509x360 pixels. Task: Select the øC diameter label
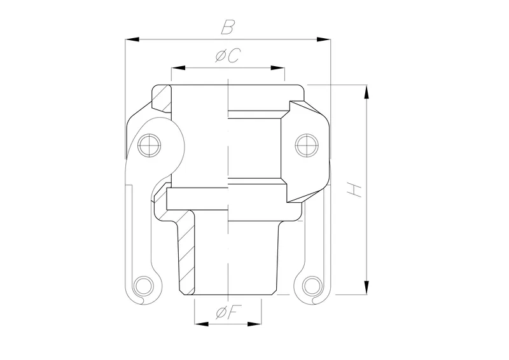227,56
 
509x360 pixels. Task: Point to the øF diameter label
227,312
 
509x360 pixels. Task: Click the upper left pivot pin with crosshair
150,146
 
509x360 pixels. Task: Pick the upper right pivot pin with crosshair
305,146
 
